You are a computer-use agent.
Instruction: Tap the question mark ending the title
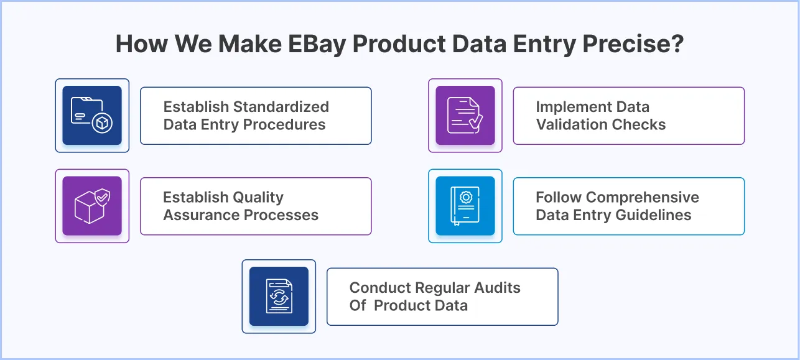(677, 46)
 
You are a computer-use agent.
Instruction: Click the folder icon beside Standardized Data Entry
(92, 116)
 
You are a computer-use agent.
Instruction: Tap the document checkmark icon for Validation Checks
(465, 116)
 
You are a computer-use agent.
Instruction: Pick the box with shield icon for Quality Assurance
(92, 206)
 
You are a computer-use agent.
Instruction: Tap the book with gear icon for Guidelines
(465, 206)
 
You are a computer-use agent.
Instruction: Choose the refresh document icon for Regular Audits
(279, 297)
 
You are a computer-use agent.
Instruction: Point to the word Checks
(641, 124)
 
